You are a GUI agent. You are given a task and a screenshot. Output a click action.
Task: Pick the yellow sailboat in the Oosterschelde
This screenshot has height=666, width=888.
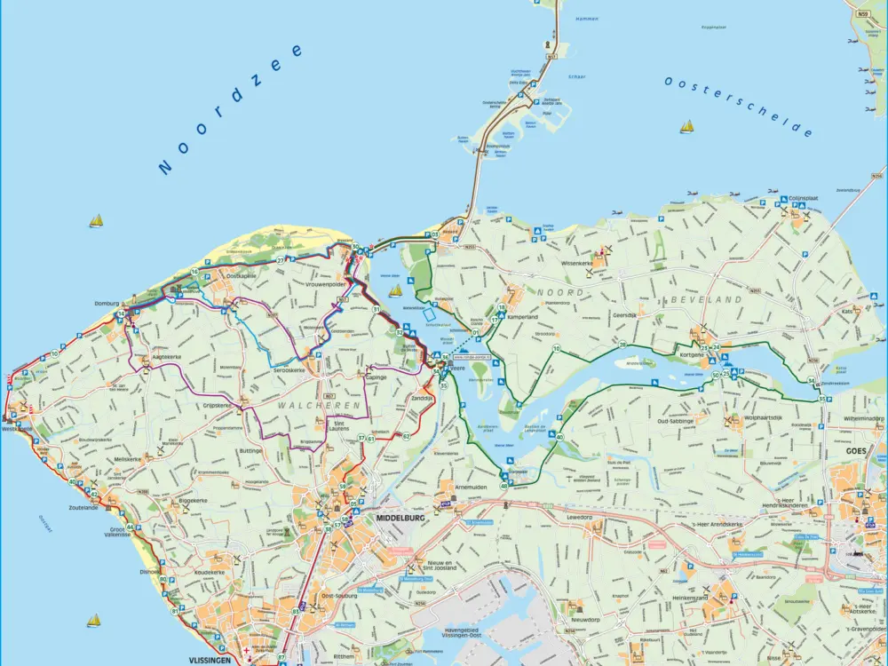tap(686, 127)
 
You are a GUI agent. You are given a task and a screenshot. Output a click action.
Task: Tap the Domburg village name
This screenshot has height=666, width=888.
tap(106, 303)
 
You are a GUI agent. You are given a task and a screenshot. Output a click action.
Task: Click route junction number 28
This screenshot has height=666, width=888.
tap(622, 345)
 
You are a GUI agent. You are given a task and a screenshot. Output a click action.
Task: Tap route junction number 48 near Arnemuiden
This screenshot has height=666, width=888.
tap(503, 486)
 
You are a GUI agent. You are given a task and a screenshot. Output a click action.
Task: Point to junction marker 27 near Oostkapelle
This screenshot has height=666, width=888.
tap(280, 260)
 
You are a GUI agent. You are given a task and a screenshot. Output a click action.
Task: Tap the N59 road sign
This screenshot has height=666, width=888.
tap(862, 14)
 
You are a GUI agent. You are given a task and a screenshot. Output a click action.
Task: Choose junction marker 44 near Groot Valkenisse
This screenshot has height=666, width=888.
tap(130, 527)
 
